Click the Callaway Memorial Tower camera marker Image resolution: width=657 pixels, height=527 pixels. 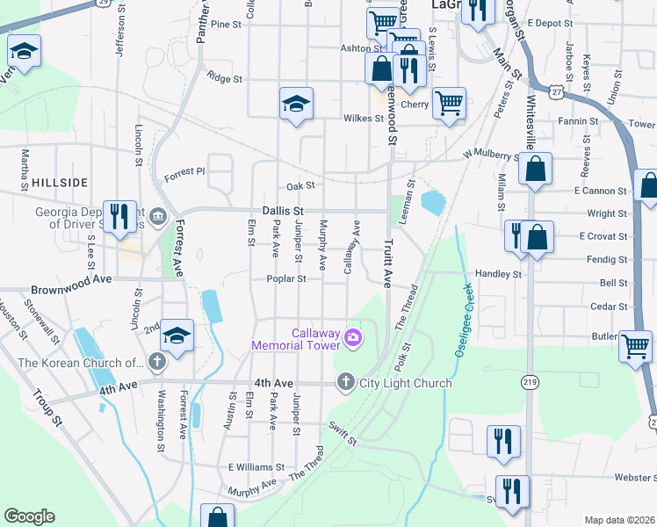pyautogui.click(x=353, y=337)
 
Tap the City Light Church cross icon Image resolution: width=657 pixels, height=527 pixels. pyautogui.click(x=345, y=382)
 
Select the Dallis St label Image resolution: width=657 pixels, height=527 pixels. pyautogui.click(x=282, y=212)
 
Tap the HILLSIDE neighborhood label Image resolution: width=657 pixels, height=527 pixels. pyautogui.click(x=60, y=182)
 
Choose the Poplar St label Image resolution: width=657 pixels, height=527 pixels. pyautogui.click(x=287, y=279)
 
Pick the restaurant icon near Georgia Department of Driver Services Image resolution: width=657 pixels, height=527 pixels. pyautogui.click(x=119, y=215)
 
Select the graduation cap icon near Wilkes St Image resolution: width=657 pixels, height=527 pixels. pyautogui.click(x=296, y=104)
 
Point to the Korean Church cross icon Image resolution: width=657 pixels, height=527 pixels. pyautogui.click(x=156, y=362)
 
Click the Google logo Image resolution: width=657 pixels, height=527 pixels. pyautogui.click(x=29, y=516)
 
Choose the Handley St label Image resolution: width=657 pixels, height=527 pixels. pyautogui.click(x=498, y=274)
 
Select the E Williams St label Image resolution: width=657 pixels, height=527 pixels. pyautogui.click(x=256, y=468)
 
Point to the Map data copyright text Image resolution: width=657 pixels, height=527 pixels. pyautogui.click(x=619, y=520)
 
